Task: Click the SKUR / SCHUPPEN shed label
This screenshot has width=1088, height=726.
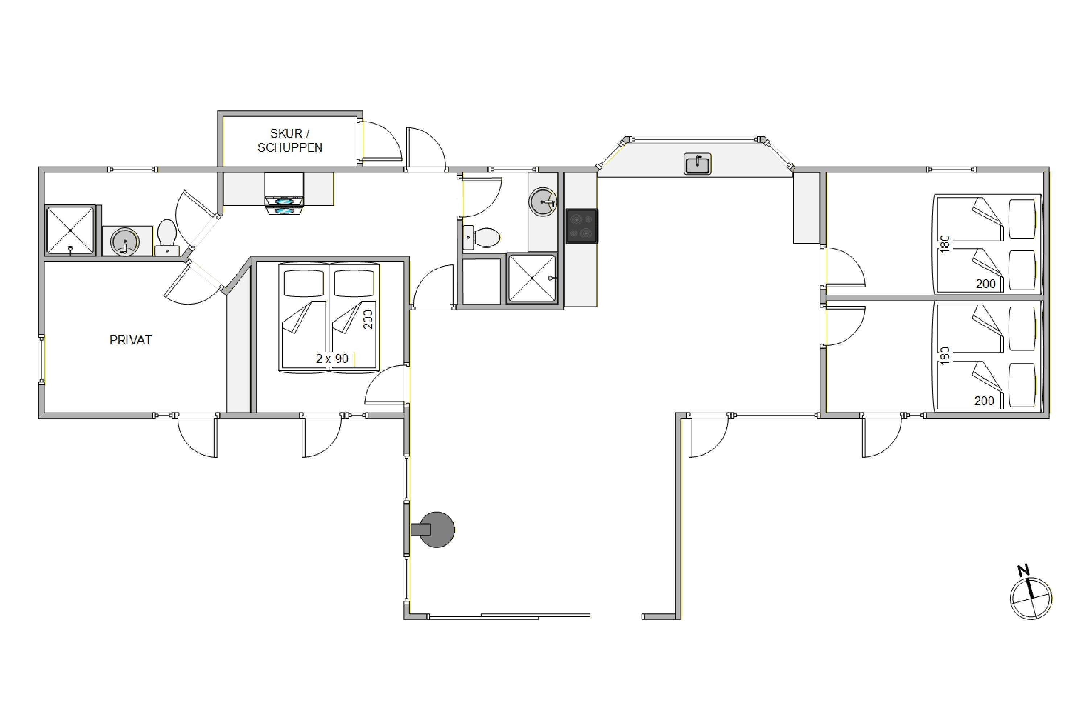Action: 289,140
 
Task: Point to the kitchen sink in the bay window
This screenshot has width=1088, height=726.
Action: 697,164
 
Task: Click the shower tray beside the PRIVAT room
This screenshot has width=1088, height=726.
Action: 70,230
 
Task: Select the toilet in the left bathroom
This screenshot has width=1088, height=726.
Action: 167,237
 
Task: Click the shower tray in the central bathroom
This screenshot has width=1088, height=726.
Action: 532,278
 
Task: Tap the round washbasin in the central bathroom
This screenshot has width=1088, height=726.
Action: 543,202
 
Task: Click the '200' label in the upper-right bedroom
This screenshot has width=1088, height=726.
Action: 985,284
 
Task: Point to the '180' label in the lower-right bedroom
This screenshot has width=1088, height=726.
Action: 945,356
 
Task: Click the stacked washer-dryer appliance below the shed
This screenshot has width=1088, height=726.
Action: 284,194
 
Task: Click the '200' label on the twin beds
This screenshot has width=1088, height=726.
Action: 368,319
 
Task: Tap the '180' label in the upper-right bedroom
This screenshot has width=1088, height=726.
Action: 945,244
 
